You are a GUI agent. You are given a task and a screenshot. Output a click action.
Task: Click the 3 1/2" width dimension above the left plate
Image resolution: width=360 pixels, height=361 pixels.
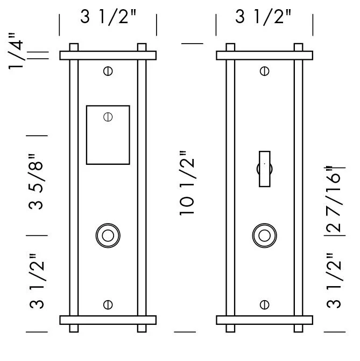pyautogui.click(x=108, y=17)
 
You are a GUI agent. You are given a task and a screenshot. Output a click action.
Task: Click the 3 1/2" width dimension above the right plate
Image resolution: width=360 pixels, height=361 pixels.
pyautogui.click(x=264, y=17)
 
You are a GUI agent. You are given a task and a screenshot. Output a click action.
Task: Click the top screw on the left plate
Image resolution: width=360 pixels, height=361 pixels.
pyautogui.click(x=108, y=71)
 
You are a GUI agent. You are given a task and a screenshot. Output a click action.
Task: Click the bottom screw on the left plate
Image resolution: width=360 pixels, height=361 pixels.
pyautogui.click(x=108, y=305)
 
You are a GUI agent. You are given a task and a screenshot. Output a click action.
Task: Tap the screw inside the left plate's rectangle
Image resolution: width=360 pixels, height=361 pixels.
pyautogui.click(x=108, y=116)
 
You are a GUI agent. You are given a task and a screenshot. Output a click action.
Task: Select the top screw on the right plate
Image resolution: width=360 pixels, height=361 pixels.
pyautogui.click(x=264, y=71)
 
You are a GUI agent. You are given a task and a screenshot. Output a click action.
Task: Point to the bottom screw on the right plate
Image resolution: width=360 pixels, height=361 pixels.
pyautogui.click(x=264, y=305)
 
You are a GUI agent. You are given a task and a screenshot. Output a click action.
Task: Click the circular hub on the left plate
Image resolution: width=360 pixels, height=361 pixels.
pyautogui.click(x=108, y=235)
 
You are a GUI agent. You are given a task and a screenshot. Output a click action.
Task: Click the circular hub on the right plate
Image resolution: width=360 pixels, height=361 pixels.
pyautogui.click(x=264, y=235)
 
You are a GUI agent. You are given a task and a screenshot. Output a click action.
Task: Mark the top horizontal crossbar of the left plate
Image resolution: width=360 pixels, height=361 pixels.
pyautogui.click(x=108, y=55)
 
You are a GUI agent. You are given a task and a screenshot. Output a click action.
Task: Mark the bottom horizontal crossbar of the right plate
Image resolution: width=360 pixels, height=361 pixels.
pyautogui.click(x=264, y=320)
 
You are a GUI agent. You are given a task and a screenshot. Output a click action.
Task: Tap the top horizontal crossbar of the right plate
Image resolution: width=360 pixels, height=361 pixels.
pyautogui.click(x=264, y=55)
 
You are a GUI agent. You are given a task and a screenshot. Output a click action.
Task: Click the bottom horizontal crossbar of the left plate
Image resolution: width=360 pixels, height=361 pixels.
pyautogui.click(x=108, y=320)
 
